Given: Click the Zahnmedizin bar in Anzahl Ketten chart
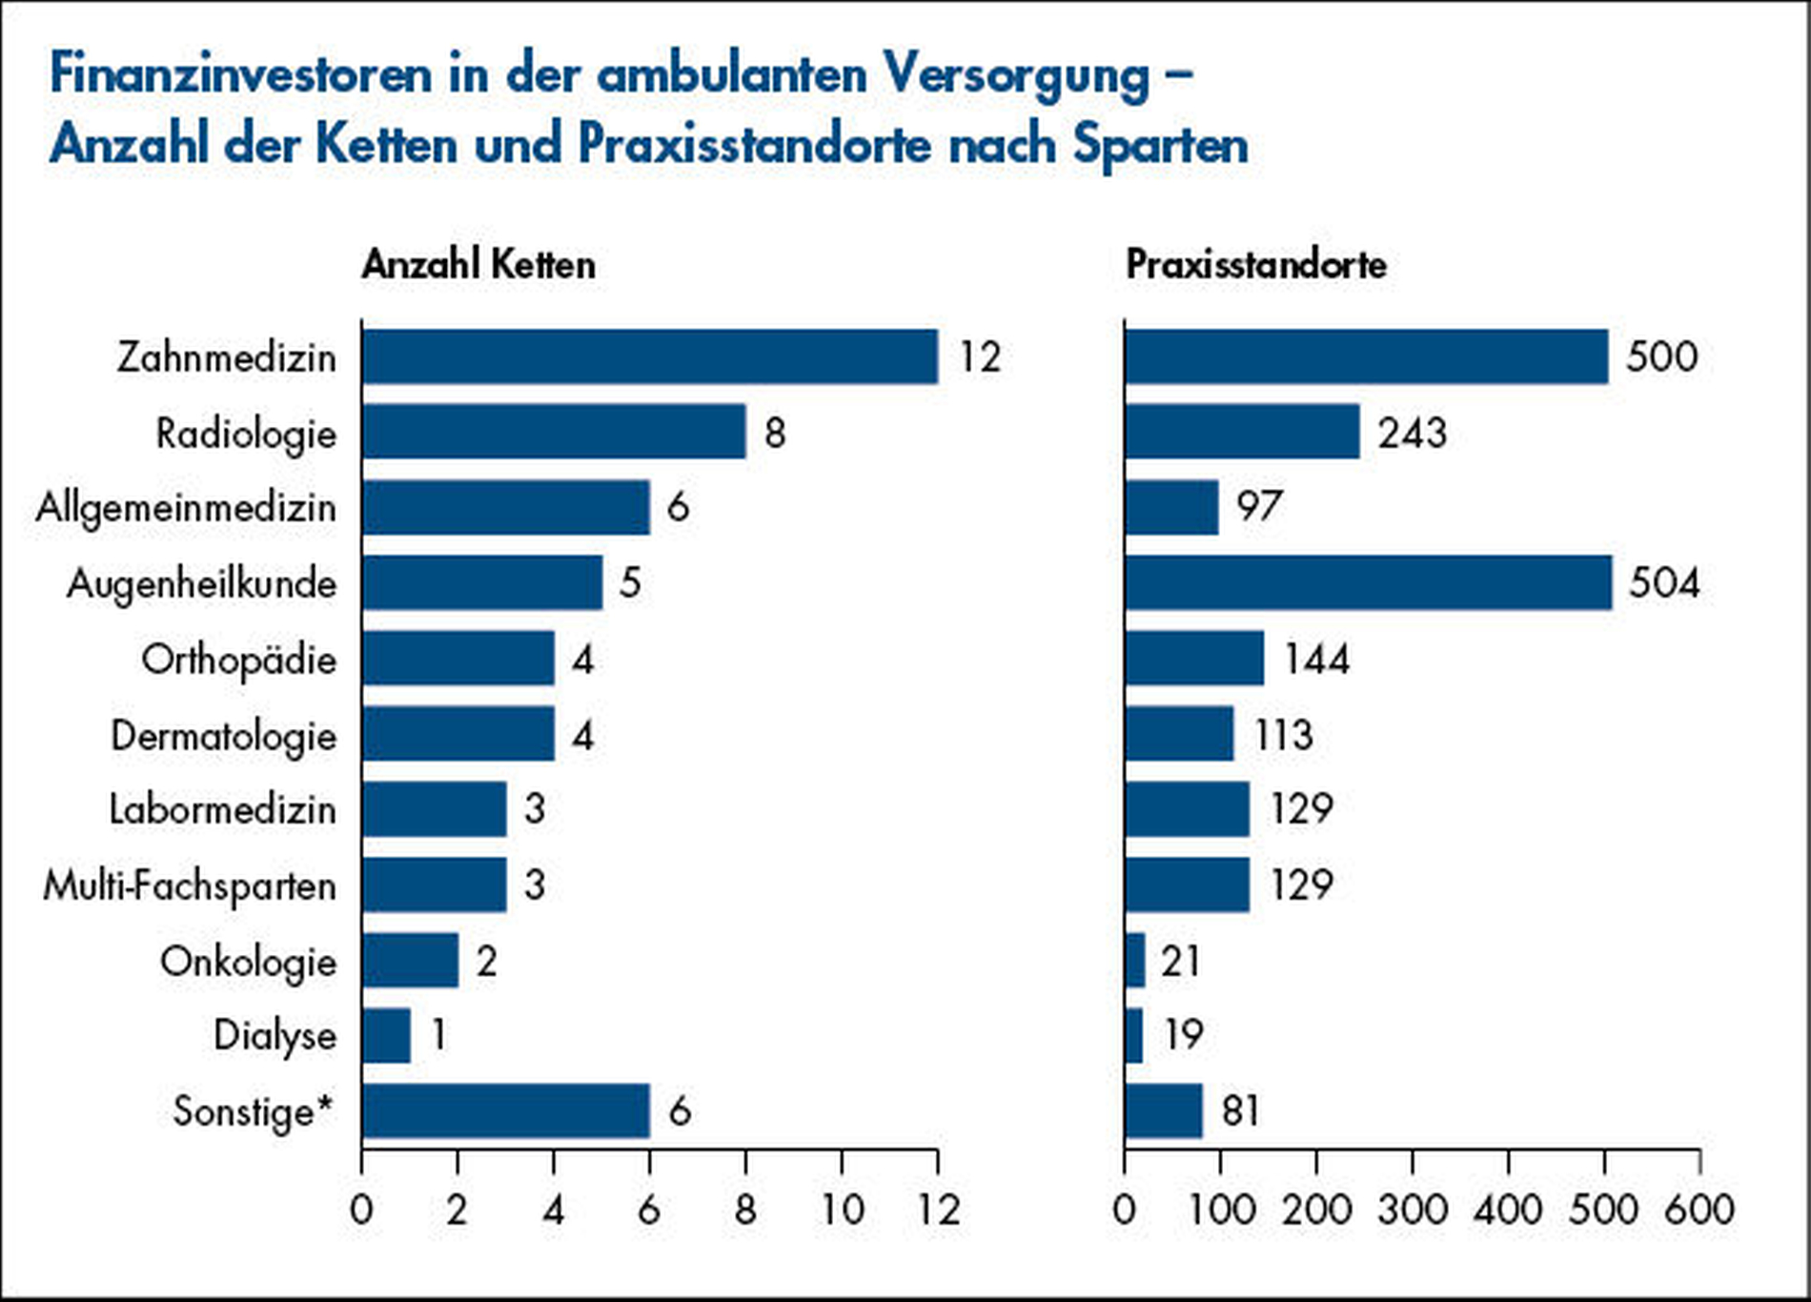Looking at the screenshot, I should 649,357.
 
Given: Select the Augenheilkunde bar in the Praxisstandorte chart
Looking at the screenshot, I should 1368,583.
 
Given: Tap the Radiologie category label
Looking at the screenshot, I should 246,434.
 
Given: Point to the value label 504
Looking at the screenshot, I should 1663,583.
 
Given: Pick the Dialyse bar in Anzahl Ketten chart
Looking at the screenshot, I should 386,1036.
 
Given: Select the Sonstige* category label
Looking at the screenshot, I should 254,1111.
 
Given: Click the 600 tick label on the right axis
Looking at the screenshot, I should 1699,1210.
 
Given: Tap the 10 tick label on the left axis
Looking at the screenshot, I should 842,1210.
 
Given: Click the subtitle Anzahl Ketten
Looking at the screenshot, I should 478,264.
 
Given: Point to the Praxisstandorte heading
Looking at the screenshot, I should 1255,264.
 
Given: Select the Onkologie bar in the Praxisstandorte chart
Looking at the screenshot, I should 1135,961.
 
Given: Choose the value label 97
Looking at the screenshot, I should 1259,507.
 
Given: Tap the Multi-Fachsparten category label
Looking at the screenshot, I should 190,885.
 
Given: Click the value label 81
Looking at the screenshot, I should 1239,1111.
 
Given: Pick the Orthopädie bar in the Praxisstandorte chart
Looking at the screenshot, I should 1194,659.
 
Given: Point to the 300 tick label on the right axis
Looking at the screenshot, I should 1412,1210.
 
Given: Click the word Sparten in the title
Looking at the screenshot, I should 1160,146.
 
